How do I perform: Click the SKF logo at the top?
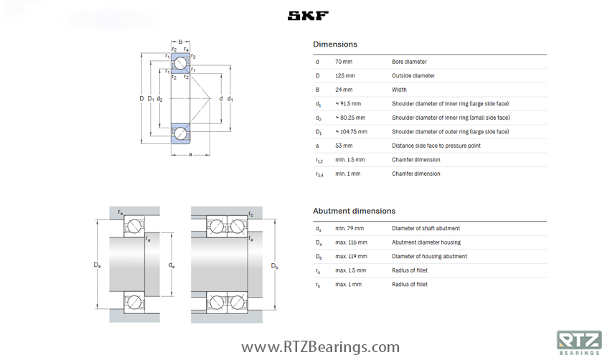[x=308, y=16]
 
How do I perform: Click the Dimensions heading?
[x=334, y=44]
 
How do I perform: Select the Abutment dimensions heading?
[x=354, y=211]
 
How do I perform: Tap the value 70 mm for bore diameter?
[x=344, y=62]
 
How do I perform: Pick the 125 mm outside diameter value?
[x=345, y=76]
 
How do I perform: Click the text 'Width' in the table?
[x=399, y=90]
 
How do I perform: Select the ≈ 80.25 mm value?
[x=350, y=118]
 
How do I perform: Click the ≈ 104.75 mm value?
[x=351, y=132]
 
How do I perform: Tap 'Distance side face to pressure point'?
[x=436, y=146]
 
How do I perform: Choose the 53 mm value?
[x=344, y=146]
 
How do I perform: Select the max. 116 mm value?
[x=351, y=242]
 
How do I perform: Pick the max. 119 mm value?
[x=351, y=257]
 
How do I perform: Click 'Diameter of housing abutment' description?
[x=429, y=257]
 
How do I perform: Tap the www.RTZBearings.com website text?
[x=320, y=348]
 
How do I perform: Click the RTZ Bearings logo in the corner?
[x=578, y=342]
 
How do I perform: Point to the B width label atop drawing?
[x=180, y=41]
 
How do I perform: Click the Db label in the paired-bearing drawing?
[x=274, y=267]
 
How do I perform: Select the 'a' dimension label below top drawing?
[x=190, y=154]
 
